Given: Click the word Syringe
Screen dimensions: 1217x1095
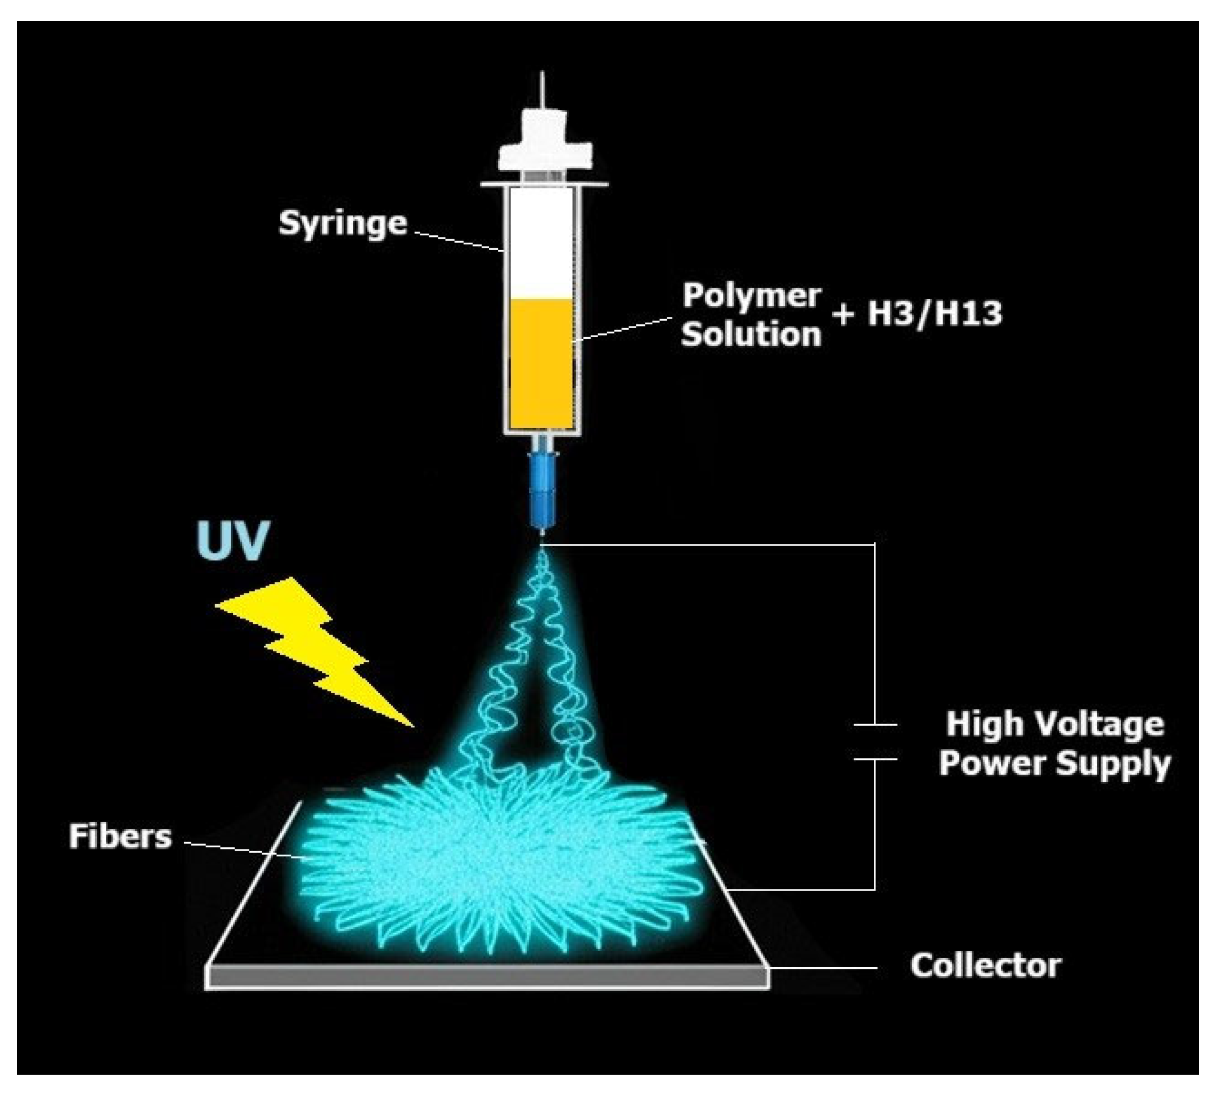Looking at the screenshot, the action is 343,224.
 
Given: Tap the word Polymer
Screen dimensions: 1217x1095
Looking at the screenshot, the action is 751,296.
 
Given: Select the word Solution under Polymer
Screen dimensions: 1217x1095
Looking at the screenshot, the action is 751,334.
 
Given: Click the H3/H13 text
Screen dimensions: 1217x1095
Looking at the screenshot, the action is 935,314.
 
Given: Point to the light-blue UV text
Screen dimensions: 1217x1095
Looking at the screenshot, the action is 233,540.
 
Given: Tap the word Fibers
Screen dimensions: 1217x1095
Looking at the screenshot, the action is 120,836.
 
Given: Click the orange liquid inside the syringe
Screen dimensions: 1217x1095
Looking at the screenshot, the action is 541,364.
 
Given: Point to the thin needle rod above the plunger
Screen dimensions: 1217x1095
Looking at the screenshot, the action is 543,90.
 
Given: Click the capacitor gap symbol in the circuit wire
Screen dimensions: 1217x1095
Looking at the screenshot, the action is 875,742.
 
